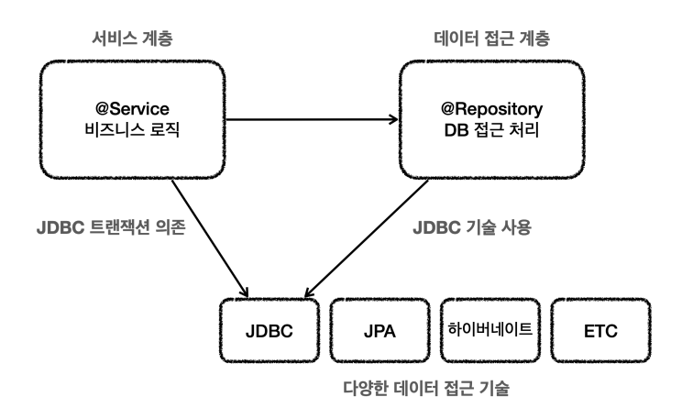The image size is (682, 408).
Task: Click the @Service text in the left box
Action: click(x=132, y=109)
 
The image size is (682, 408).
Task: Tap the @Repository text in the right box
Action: click(x=491, y=109)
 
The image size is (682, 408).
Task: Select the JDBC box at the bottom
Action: click(x=269, y=330)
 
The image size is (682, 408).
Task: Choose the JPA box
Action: click(x=379, y=330)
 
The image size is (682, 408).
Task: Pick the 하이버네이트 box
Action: click(x=490, y=330)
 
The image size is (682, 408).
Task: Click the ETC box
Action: click(x=600, y=330)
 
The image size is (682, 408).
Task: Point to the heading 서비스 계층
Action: click(x=132, y=39)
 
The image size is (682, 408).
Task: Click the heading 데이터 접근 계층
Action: click(x=492, y=39)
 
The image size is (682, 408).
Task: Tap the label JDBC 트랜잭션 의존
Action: click(x=111, y=227)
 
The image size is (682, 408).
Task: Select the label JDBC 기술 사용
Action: click(x=472, y=227)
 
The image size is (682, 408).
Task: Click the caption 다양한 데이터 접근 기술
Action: click(x=426, y=388)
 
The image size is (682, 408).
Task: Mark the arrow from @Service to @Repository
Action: click(x=312, y=119)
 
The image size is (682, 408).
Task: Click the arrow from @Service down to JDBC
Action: click(x=210, y=238)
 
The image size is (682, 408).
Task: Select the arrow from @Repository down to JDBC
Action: click(x=367, y=238)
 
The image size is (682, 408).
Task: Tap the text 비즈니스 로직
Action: click(x=132, y=129)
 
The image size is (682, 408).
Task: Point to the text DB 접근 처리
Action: click(x=491, y=130)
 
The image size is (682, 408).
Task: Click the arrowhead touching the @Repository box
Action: click(x=394, y=119)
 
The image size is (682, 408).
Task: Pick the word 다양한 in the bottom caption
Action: click(x=366, y=388)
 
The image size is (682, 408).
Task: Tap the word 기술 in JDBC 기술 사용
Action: click(x=479, y=227)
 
